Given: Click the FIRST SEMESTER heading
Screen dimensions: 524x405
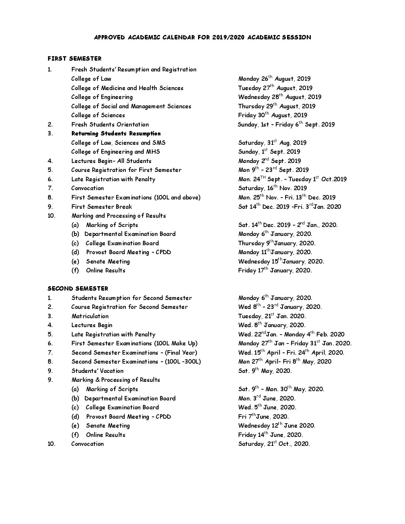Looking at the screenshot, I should click(x=74, y=58).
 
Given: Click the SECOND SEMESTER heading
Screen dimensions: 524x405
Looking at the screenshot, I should click(x=78, y=288).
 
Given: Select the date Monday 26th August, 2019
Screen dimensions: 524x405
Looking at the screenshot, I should click(x=274, y=79).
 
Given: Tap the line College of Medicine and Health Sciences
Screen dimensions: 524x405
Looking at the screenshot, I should click(x=127, y=88).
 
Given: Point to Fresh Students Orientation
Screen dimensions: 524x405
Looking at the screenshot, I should click(x=110, y=125).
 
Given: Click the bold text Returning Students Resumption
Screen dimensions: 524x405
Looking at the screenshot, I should click(x=116, y=134).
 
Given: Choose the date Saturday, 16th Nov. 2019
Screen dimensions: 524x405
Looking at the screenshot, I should click(x=272, y=188).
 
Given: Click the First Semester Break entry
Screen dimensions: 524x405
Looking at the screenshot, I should click(x=101, y=207).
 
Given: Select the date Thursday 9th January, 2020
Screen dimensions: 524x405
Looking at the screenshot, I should click(x=277, y=243).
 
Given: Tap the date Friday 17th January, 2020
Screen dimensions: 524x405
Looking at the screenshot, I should click(x=275, y=271).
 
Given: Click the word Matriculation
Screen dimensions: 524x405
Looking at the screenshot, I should click(x=90, y=316).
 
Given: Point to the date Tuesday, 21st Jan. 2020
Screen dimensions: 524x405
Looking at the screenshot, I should click(x=272, y=316).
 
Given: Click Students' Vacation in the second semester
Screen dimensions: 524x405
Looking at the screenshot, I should click(x=97, y=371).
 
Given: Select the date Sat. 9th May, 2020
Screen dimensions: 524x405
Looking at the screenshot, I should click(x=265, y=371).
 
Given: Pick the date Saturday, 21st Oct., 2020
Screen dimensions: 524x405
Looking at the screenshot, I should click(x=274, y=444).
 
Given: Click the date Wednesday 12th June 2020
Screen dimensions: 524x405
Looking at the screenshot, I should click(x=277, y=426).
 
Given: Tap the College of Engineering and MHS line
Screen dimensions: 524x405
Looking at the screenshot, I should click(x=115, y=152).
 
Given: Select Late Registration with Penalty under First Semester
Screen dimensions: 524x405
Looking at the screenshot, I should click(x=113, y=179).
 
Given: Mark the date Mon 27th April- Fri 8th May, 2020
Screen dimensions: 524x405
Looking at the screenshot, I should click(x=285, y=362).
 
